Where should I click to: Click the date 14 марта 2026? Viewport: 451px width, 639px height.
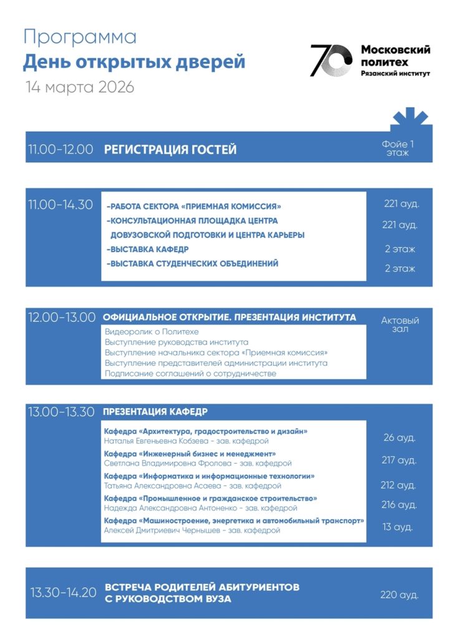80,87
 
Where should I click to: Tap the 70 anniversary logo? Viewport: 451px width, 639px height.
331,61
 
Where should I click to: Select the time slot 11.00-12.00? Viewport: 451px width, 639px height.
61,150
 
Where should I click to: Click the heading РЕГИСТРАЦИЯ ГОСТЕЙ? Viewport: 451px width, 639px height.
170,150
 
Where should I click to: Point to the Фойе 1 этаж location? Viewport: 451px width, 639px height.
397,149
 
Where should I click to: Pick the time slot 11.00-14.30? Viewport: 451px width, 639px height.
61,205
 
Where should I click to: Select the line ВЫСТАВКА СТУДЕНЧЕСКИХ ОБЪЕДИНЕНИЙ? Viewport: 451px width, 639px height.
193,264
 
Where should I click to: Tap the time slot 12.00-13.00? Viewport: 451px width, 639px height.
61,318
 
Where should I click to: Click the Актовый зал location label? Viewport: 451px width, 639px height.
400,324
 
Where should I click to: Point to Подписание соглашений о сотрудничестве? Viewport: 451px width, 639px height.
190,373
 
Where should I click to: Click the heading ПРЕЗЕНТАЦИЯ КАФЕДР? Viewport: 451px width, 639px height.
155,412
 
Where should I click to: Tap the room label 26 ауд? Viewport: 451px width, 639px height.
399,438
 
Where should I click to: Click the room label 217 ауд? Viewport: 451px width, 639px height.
399,461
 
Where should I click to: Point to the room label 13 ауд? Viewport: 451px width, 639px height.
398,527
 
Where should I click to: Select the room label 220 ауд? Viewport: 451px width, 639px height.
399,595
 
